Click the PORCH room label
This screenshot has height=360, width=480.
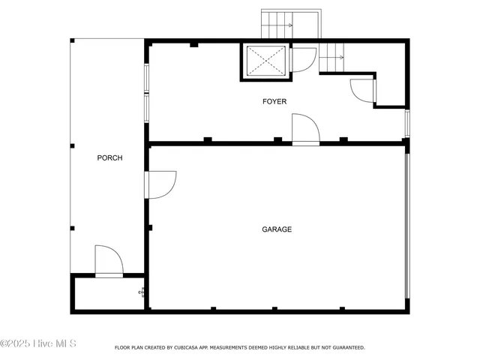(109, 158)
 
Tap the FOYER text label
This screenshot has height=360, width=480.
(274, 101)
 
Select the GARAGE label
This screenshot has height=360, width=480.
(277, 229)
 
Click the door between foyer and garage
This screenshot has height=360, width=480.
(305, 129)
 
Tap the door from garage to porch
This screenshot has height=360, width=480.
(160, 184)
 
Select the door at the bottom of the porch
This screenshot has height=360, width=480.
(109, 261)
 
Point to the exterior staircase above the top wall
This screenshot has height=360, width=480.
(290, 25)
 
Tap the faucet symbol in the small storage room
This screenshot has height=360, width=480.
(141, 292)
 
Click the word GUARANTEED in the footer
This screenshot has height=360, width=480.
(346, 348)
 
